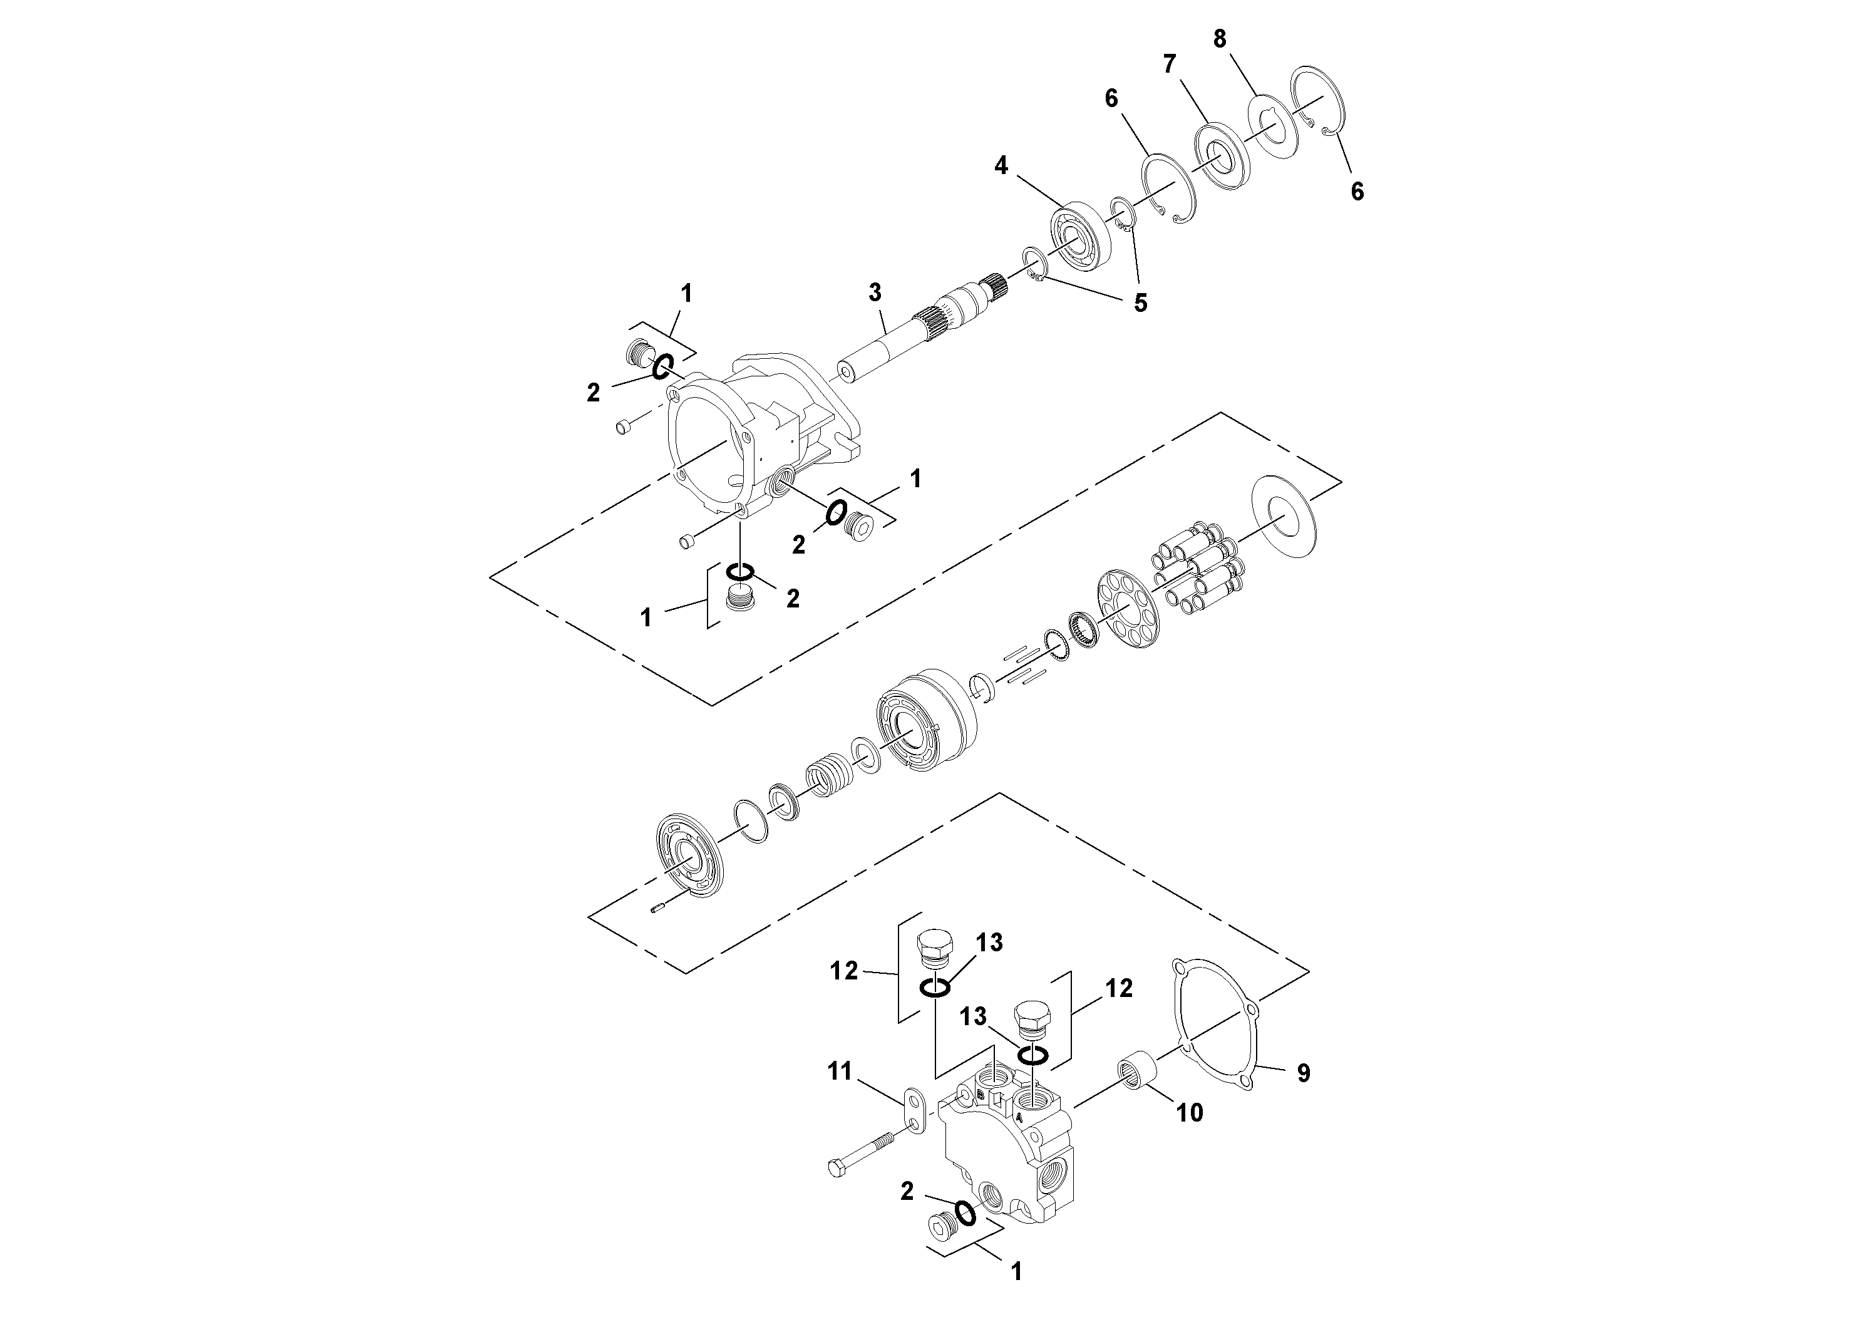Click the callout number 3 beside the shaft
tap(874, 292)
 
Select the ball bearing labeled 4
tap(1079, 236)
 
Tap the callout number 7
tap(1169, 64)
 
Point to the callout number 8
tap(1219, 38)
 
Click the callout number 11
tap(840, 1072)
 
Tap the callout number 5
tap(1141, 304)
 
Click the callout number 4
tap(1001, 165)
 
